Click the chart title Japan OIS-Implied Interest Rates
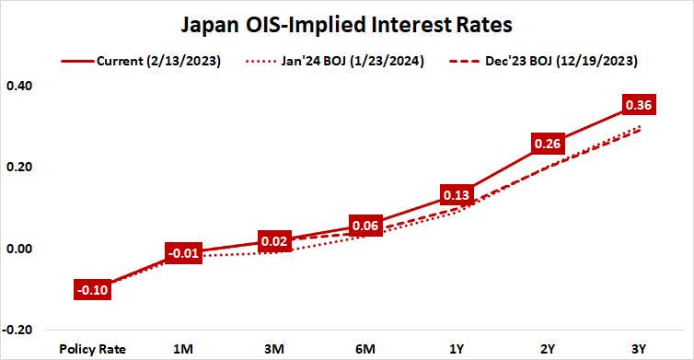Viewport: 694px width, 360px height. [x=346, y=22]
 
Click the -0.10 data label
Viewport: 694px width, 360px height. [x=92, y=290]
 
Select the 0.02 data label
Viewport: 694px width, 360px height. [x=275, y=242]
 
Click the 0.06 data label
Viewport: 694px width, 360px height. [x=366, y=226]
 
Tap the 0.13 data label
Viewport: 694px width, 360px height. [x=457, y=195]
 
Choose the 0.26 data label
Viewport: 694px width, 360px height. [x=547, y=144]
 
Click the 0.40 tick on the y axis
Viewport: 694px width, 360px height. [x=21, y=86]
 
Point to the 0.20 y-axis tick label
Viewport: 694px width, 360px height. [x=21, y=167]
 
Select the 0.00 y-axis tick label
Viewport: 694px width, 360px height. [x=21, y=249]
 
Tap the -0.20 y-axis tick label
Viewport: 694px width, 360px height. [x=19, y=330]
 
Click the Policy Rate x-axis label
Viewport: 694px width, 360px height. [x=92, y=349]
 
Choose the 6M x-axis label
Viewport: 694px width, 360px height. [x=366, y=349]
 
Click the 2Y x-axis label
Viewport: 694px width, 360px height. [x=547, y=349]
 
